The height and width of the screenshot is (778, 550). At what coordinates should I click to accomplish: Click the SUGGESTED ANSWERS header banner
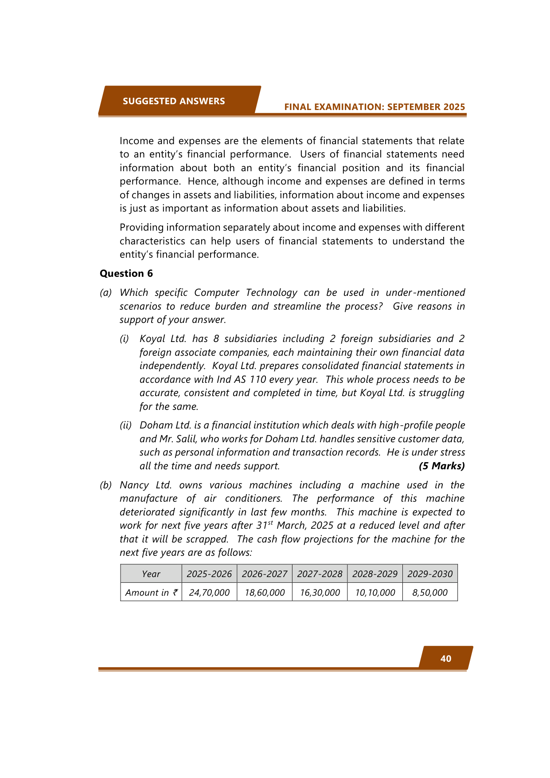[x=174, y=101]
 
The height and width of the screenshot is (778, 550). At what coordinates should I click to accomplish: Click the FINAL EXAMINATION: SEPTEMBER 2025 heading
[x=374, y=107]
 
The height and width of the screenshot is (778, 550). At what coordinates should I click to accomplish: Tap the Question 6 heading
[x=126, y=273]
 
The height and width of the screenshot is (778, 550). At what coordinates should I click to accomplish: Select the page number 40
[x=446, y=659]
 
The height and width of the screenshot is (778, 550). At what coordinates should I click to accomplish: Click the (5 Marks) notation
[x=441, y=466]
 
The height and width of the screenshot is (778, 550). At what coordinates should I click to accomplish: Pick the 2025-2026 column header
[x=209, y=574]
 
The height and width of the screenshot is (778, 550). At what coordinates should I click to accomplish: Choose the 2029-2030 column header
[x=430, y=574]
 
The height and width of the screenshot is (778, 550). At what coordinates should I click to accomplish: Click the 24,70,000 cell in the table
[x=209, y=593]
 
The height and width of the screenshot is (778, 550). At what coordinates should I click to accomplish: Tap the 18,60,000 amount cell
[x=265, y=593]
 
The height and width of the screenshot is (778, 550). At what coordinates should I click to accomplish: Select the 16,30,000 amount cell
[x=320, y=593]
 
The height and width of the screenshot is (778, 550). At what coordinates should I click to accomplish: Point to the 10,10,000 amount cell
[x=375, y=593]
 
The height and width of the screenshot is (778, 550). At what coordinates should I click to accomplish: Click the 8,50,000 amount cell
[x=430, y=593]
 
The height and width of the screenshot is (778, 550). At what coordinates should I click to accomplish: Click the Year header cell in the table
[x=151, y=574]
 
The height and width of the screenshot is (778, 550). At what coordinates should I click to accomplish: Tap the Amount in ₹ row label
[x=151, y=593]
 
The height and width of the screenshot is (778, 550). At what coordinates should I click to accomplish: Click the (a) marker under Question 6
[x=105, y=293]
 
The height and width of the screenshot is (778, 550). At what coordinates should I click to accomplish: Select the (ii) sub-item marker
[x=125, y=425]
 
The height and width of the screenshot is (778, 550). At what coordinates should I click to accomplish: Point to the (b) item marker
[x=105, y=485]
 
